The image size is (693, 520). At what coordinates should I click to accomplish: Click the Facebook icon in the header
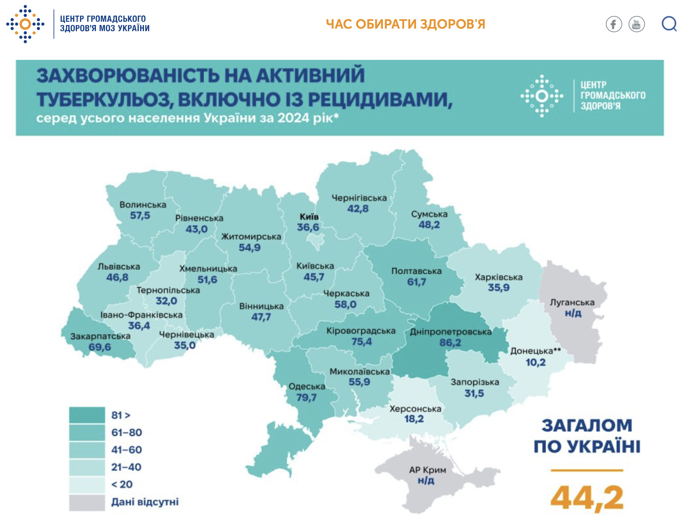point(613,24)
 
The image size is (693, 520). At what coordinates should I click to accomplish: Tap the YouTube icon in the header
point(636,24)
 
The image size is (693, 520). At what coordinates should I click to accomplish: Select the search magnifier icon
point(669,24)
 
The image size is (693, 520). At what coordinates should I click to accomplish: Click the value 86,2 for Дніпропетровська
point(450,342)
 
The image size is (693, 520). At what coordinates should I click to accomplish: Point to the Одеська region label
point(307,386)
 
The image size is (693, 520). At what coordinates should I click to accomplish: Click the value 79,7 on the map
point(306,397)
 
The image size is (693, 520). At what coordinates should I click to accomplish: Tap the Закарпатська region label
point(100,336)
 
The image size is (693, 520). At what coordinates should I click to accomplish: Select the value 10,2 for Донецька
point(536,362)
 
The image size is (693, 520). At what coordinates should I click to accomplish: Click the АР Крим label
point(427,470)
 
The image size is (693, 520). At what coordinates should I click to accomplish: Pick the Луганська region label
point(572,302)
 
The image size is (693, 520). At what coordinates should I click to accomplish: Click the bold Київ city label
point(309,217)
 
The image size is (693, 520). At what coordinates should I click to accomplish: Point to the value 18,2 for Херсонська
point(414,419)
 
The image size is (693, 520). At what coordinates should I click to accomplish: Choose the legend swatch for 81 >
point(87,415)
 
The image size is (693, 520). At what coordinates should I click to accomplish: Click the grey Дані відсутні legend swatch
point(87,502)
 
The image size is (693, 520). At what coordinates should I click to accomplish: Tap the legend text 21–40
point(126,467)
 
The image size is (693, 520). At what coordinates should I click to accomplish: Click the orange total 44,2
point(587,498)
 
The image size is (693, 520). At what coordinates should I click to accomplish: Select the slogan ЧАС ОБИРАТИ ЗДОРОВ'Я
point(405,24)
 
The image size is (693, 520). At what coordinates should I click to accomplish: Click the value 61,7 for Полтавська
point(416,282)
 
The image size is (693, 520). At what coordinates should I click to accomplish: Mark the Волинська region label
point(143,205)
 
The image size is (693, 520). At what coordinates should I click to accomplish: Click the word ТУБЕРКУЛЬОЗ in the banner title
point(104,99)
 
